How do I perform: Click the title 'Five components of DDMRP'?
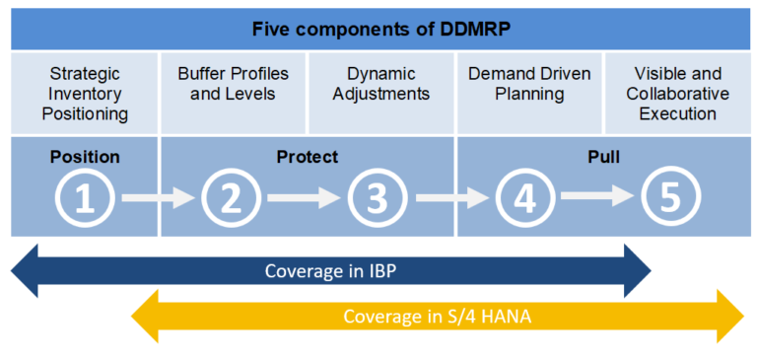click(x=379, y=29)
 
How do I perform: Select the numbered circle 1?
click(x=85, y=198)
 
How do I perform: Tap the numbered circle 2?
click(x=232, y=198)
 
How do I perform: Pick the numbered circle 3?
click(x=378, y=198)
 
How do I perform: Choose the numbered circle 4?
click(x=525, y=198)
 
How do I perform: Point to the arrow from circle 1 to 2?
click(x=158, y=199)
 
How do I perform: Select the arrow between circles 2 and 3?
click(x=305, y=199)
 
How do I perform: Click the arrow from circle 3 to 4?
click(x=451, y=199)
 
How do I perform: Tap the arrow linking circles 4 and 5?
click(x=598, y=199)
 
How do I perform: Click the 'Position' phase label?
click(x=85, y=157)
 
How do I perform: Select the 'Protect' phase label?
click(x=307, y=157)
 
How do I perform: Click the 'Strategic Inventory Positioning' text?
click(x=85, y=94)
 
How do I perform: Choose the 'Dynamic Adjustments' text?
click(x=380, y=84)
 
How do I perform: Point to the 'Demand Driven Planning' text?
click(x=529, y=84)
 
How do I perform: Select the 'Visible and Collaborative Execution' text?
click(x=677, y=94)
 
